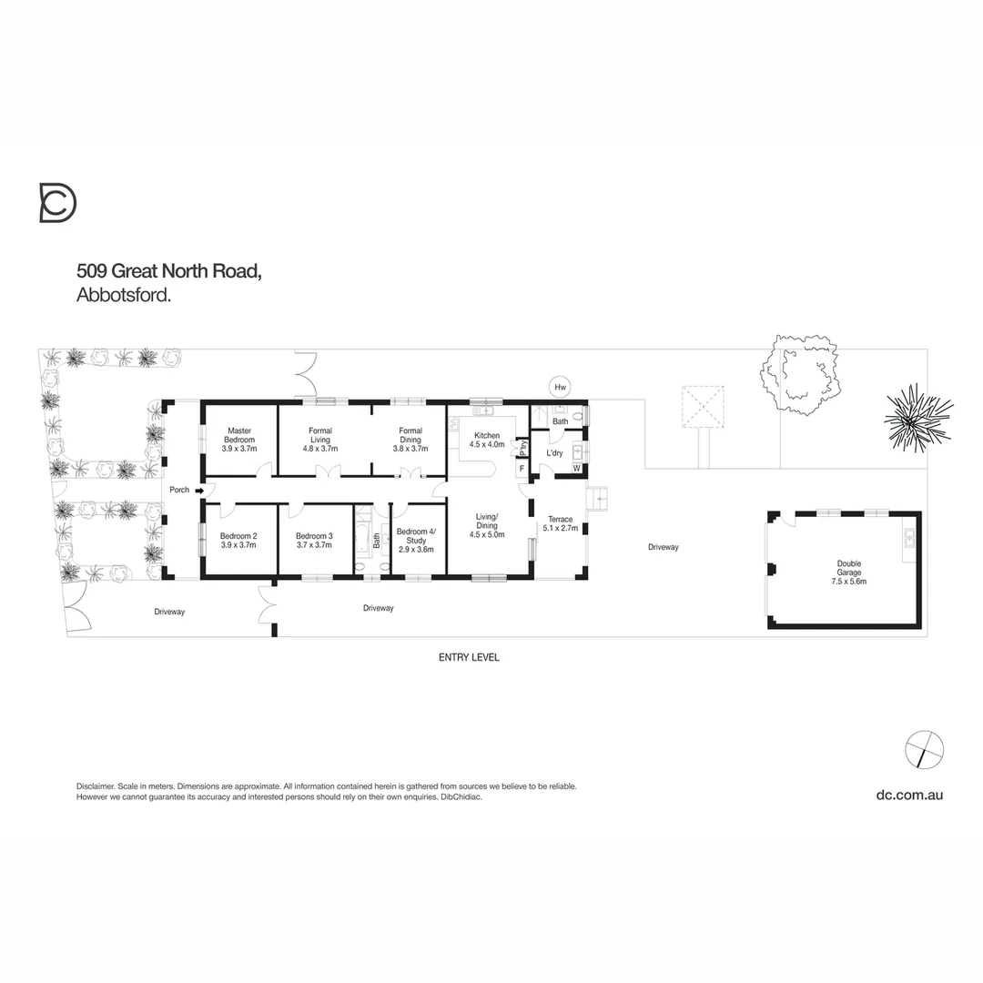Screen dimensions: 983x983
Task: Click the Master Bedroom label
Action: [x=239, y=436]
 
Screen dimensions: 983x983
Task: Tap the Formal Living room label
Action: [x=319, y=436]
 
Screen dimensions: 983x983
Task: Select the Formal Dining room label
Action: [x=410, y=436]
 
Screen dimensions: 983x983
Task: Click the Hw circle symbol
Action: [x=560, y=388]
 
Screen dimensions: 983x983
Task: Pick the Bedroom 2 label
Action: [x=238, y=542]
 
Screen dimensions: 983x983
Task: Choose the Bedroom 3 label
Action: [x=314, y=542]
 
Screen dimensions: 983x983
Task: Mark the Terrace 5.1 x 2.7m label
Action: [x=560, y=523]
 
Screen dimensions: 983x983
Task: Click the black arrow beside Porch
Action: [x=198, y=491]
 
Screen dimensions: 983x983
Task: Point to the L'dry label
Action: [x=554, y=452]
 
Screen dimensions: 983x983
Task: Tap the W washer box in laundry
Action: [x=576, y=468]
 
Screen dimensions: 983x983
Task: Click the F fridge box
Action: [x=522, y=469]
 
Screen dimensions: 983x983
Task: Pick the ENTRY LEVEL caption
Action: [x=469, y=657]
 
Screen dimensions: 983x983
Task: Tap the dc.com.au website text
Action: [x=908, y=795]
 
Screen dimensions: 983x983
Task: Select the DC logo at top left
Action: [x=57, y=202]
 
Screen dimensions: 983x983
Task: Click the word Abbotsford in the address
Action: [x=125, y=295]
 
